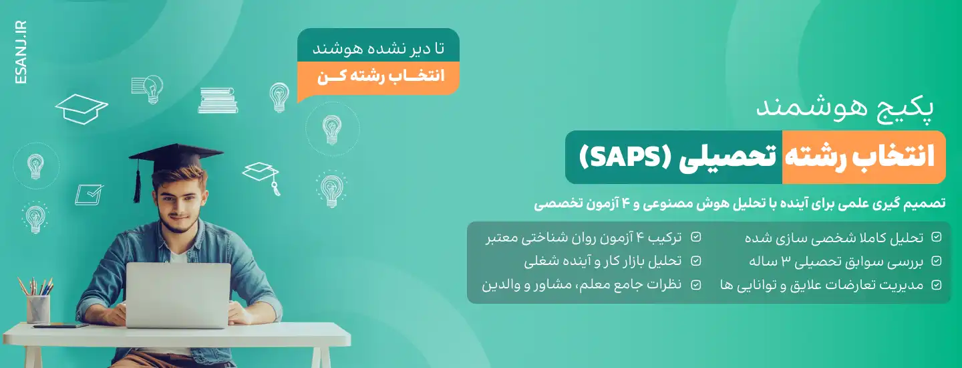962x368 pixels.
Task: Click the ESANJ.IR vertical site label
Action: click(20, 52)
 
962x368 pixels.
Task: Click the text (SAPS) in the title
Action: click(672, 158)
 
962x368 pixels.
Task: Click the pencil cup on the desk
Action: click(38, 308)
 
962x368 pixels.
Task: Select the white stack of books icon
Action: click(218, 100)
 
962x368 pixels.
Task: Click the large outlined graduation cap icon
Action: click(82, 108)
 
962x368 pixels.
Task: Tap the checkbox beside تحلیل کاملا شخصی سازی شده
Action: click(937, 237)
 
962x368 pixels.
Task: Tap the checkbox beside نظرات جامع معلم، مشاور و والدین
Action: click(696, 285)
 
